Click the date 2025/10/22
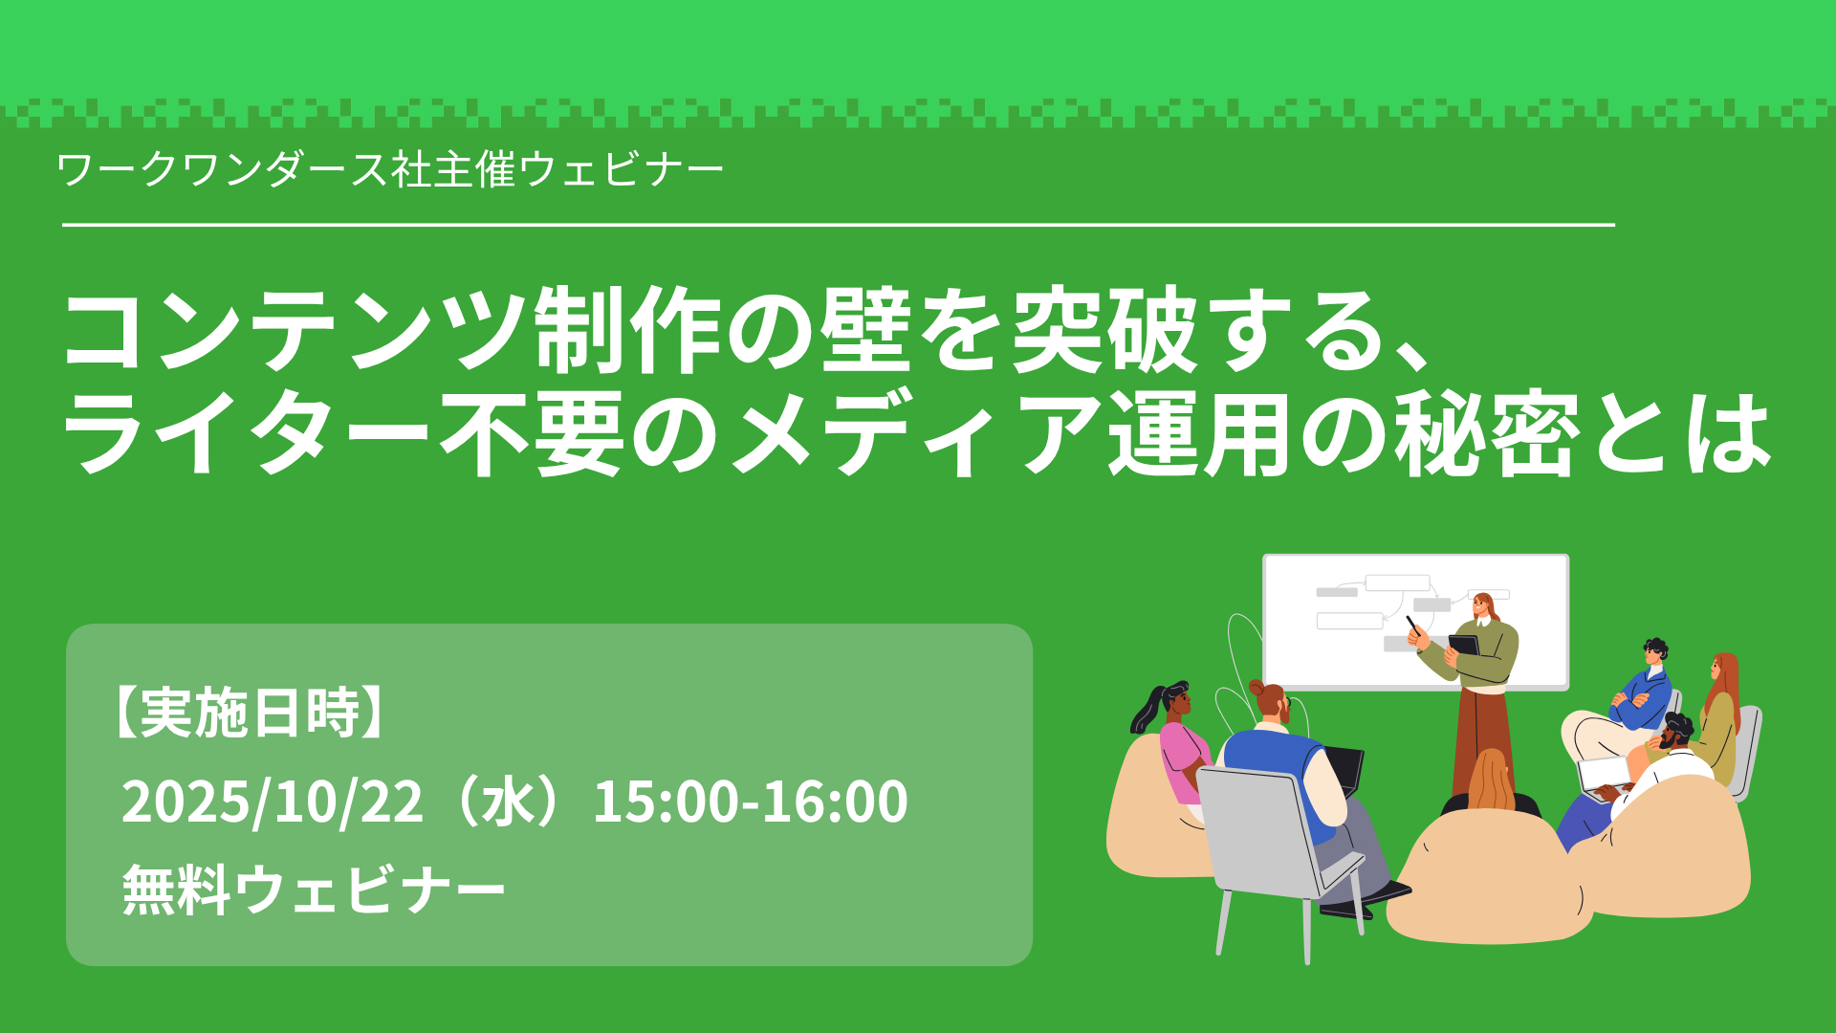272,802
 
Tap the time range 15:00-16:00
751,802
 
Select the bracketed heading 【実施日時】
248,713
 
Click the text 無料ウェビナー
313,890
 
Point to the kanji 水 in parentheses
507,802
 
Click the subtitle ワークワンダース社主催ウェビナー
390,170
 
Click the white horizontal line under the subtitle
839,225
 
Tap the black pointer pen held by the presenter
1413,626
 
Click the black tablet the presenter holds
1464,645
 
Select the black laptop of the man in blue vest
1343,770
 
